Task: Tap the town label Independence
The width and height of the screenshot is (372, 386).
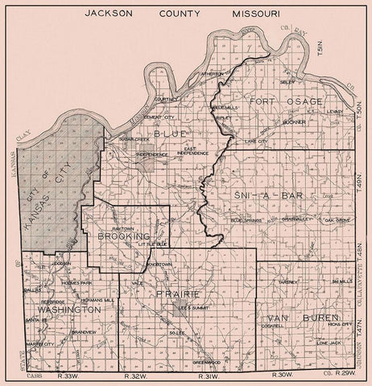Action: pyautogui.click(x=152, y=154)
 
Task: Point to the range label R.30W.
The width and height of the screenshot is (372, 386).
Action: pyautogui.click(x=282, y=376)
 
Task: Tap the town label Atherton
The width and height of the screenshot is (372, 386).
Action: pyautogui.click(x=212, y=73)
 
